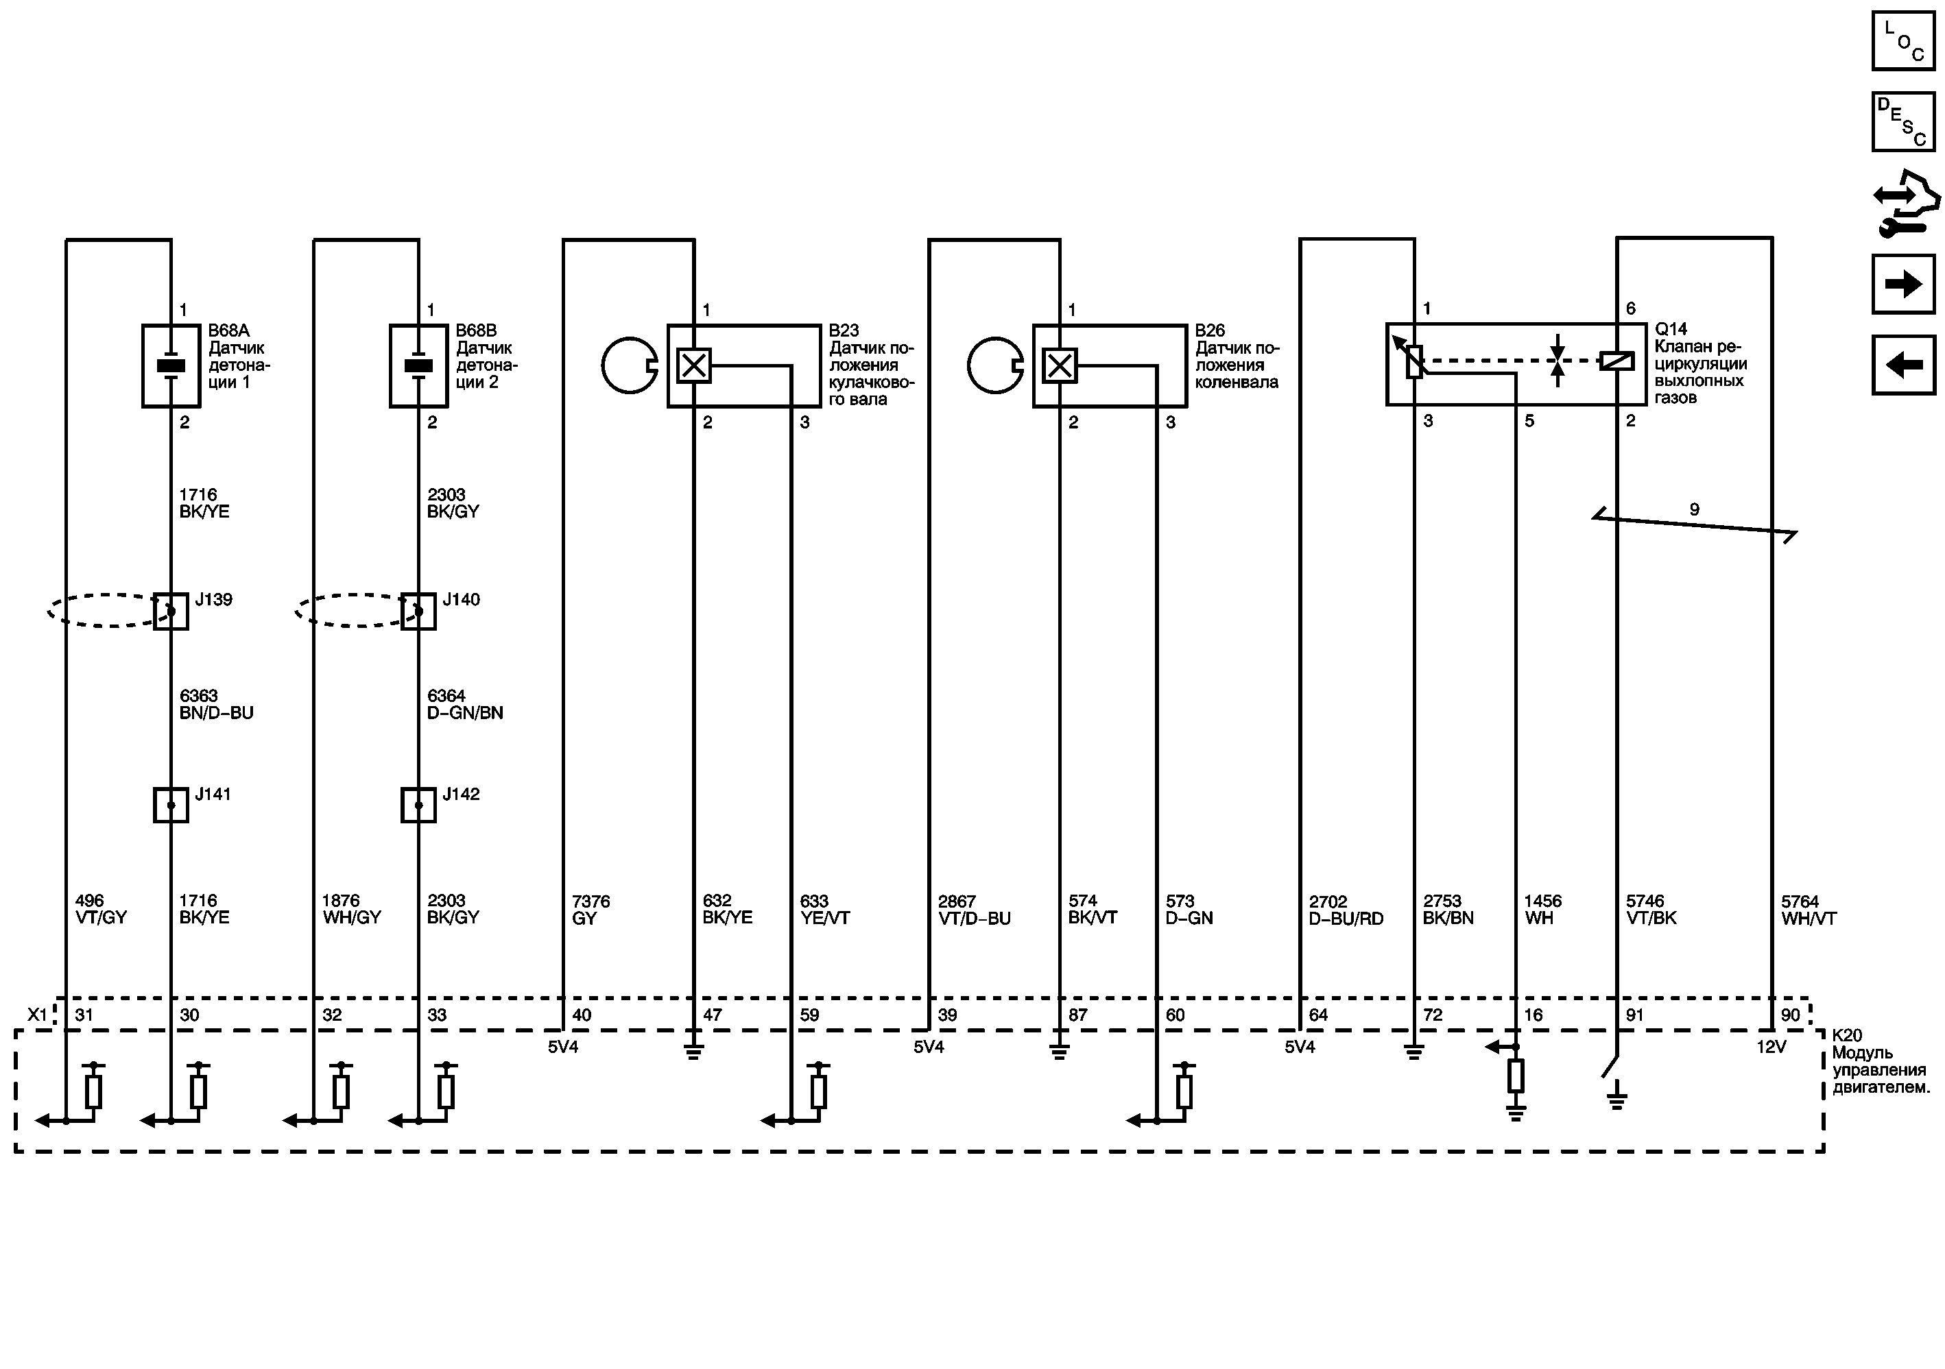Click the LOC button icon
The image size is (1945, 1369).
tap(1902, 40)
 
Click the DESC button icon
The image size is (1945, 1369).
tap(1902, 122)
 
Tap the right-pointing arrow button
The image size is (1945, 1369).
tap(1902, 284)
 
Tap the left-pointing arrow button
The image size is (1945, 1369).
tap(1902, 365)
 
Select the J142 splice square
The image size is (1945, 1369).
tap(418, 805)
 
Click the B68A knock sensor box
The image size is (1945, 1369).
tap(171, 366)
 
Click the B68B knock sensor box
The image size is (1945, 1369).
tap(418, 366)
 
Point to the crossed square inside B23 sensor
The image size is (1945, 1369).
tap(694, 366)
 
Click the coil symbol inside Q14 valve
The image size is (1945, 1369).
tap(1616, 361)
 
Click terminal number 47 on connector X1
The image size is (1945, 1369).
tap(713, 1015)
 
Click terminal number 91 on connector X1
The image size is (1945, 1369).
tap(1634, 1015)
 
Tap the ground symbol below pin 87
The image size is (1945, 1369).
tap(1059, 1052)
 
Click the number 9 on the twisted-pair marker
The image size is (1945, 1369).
tap(1694, 509)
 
